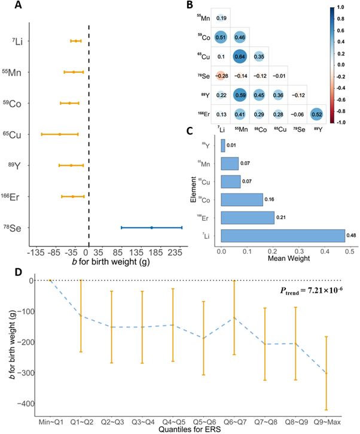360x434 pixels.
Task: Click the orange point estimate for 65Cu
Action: click(x=59, y=134)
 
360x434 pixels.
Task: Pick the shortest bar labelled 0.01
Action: click(x=223, y=145)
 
